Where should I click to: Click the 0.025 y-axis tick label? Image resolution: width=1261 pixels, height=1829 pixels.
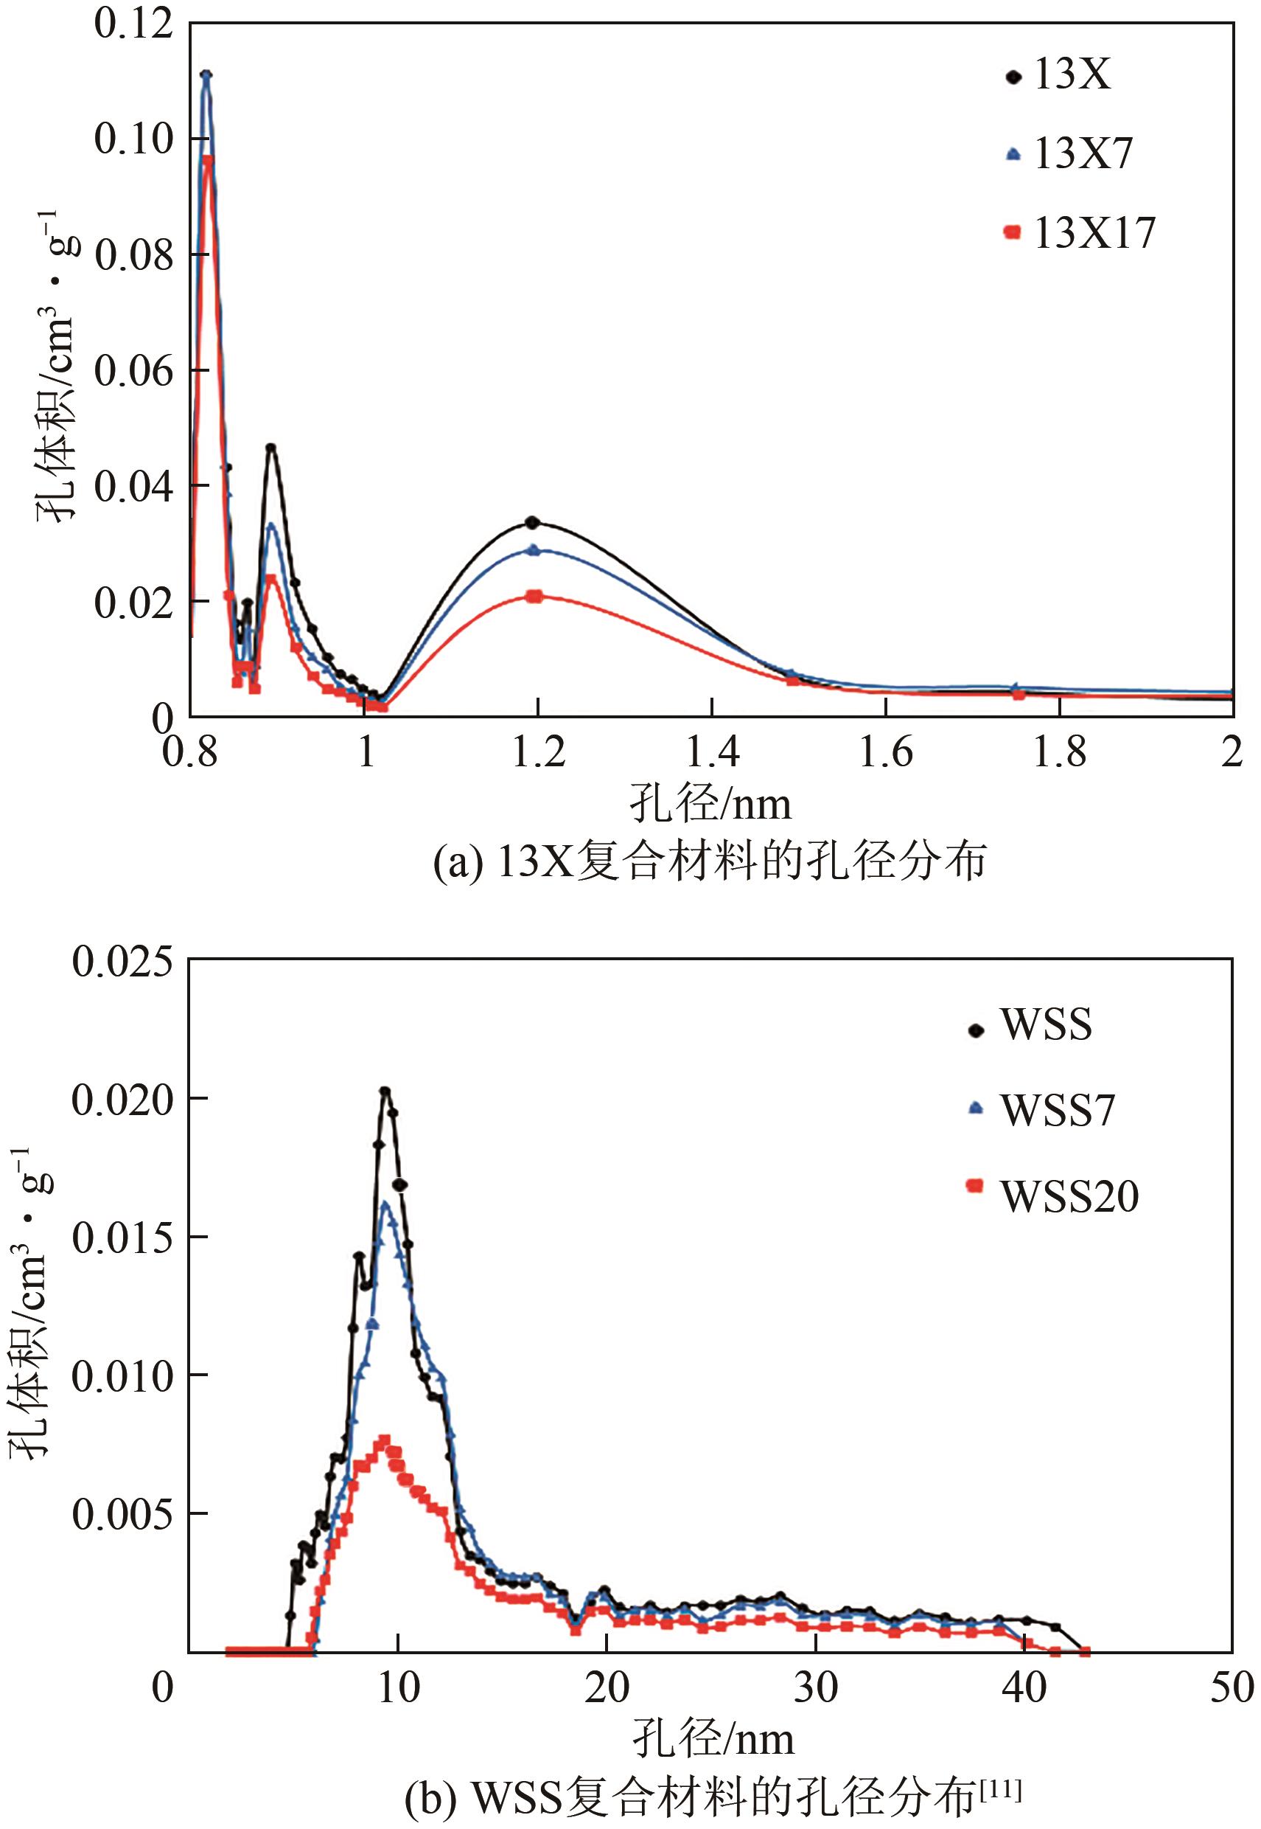point(122,962)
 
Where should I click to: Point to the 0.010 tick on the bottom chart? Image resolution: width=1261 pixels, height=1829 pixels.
point(122,1377)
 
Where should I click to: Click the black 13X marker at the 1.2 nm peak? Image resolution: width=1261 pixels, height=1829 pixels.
point(533,522)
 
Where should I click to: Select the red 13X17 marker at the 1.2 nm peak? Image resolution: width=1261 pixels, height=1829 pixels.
point(535,596)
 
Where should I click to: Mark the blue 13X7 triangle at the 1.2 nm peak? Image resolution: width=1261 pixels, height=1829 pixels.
point(534,550)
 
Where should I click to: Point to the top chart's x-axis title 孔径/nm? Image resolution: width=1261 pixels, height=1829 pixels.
point(710,805)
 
